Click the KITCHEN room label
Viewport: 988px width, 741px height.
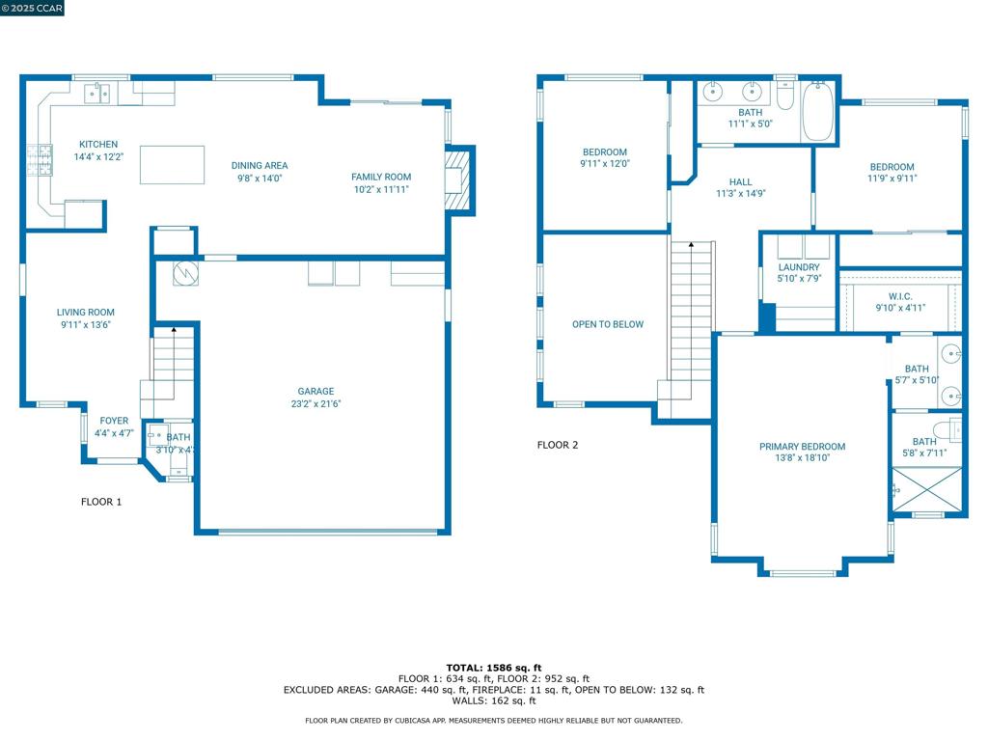[x=98, y=145]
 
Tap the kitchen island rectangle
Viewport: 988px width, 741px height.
[x=172, y=165]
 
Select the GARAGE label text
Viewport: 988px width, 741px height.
[x=316, y=392]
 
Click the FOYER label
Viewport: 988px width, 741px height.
[x=114, y=421]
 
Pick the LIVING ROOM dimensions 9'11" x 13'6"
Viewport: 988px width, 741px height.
[x=85, y=325]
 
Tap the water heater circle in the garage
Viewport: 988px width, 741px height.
[x=185, y=274]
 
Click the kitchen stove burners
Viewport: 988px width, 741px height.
[x=39, y=160]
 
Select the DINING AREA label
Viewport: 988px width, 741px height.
[x=260, y=166]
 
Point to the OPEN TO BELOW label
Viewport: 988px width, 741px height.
[x=608, y=325]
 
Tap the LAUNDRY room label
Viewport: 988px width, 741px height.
[x=799, y=267]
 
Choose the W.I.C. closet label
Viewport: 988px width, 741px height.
[x=900, y=296]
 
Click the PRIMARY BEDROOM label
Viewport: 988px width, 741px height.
[x=802, y=447]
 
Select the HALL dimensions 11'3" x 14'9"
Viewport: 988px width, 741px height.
[x=741, y=194]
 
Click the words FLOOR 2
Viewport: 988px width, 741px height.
[x=558, y=445]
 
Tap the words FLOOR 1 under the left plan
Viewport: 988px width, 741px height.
[x=100, y=502]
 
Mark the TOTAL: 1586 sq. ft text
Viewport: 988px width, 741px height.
[x=493, y=668]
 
